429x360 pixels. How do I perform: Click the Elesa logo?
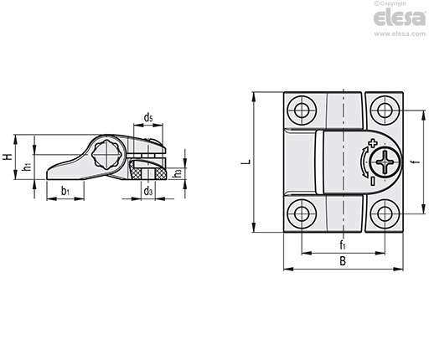click(x=399, y=18)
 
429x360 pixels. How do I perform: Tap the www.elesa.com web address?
click(x=400, y=33)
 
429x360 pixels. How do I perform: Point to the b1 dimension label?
click(x=65, y=191)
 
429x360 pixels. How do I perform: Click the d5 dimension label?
click(x=148, y=118)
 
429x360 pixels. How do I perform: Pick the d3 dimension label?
click(x=148, y=191)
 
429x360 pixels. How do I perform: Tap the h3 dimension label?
click(x=178, y=173)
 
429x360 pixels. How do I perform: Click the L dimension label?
click(x=246, y=162)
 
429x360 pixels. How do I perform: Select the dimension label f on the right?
click(x=416, y=162)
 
